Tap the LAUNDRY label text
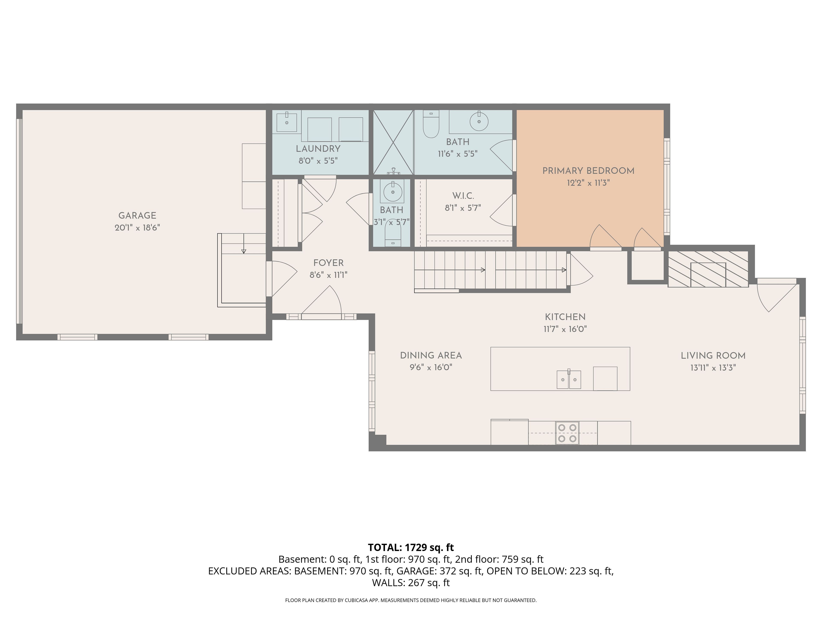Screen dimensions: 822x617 coord(318,149)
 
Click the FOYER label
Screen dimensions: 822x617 coord(329,263)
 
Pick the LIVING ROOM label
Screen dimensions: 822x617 coord(713,356)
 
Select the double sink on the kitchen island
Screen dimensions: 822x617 coord(569,379)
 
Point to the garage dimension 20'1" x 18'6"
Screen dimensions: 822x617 coord(137,228)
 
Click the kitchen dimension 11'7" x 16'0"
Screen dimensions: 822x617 coord(565,329)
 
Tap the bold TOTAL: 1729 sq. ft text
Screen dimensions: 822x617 coord(411,547)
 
